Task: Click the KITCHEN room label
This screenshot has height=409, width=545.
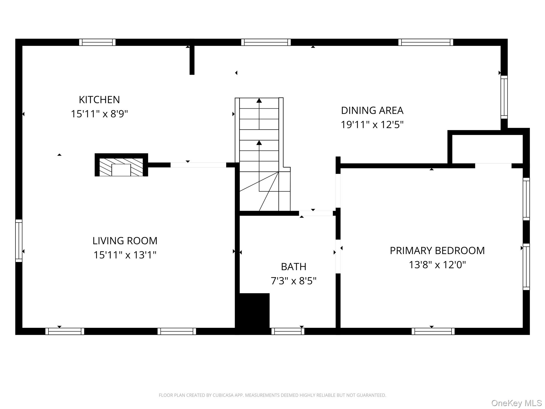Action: click(x=99, y=100)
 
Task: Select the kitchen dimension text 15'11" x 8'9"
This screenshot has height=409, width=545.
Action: click(x=99, y=114)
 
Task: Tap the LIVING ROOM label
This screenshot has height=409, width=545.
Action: click(x=125, y=241)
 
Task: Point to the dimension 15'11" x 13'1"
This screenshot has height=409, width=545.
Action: click(x=125, y=255)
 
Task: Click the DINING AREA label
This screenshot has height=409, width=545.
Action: click(x=372, y=111)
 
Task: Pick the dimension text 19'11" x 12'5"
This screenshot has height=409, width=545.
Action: click(x=372, y=125)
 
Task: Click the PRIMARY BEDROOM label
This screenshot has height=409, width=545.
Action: click(x=437, y=251)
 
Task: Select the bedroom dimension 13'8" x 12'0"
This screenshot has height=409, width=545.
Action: click(x=437, y=265)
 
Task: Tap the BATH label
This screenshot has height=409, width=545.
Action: click(x=294, y=267)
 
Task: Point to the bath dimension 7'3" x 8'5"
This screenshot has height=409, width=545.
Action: click(x=294, y=281)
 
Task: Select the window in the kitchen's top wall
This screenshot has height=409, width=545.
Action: click(x=97, y=42)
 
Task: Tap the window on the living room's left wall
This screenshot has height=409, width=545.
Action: click(x=19, y=241)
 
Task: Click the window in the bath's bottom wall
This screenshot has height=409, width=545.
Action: click(x=288, y=331)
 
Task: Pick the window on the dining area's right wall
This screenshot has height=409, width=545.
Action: click(x=504, y=97)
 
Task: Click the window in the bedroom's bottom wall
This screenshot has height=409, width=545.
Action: click(x=433, y=331)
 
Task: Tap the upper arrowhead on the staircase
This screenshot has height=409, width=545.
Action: click(x=259, y=101)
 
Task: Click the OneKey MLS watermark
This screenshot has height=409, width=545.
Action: click(x=516, y=403)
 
